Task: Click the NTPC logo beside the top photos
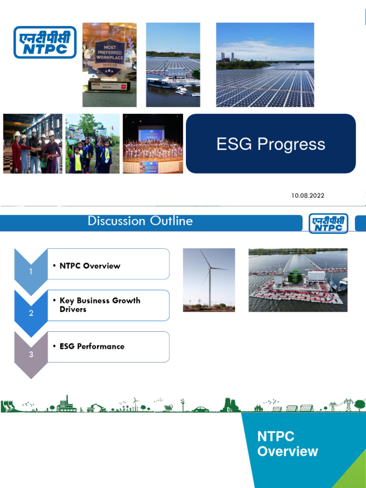44,42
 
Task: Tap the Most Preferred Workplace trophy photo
110,64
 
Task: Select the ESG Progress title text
271,144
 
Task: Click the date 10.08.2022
308,195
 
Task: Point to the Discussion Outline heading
140,221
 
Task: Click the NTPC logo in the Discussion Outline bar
328,223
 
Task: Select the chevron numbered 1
31,271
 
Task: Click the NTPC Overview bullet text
90,265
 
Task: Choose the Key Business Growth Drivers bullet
100,305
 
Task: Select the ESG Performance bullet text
91,346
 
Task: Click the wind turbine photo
209,280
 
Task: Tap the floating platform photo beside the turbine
298,280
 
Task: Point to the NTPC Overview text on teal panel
287,444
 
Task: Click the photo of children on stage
152,143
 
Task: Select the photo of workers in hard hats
32,143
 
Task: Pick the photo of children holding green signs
92,143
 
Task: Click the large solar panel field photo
265,64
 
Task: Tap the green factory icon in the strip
66,404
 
